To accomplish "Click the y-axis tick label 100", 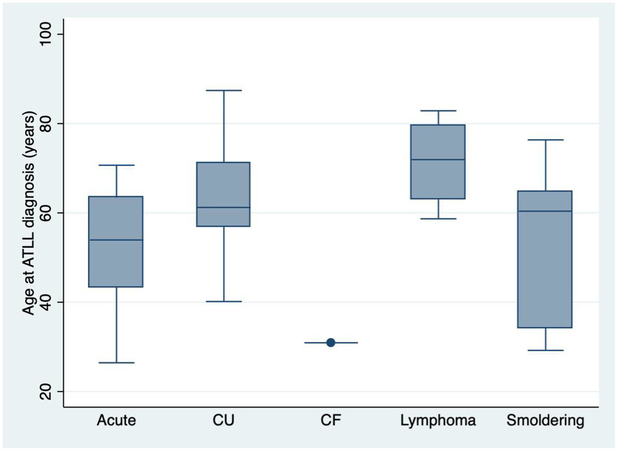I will tap(45, 34).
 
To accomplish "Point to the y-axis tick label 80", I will tap(45, 124).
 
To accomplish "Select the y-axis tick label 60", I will tap(45, 213).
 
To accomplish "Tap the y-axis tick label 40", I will tap(45, 302).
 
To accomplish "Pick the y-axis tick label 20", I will tap(45, 391).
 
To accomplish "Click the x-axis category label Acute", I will tap(116, 421).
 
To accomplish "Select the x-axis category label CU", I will tap(224, 420).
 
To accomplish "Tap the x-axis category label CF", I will tap(331, 420).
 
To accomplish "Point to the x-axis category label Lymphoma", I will tap(438, 421).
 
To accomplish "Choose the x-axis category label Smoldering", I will tap(545, 421).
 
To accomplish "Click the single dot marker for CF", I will tap(331, 343).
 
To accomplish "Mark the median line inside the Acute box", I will tap(116, 240).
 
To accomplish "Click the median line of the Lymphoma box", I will tap(438, 160).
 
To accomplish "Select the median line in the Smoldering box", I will tap(545, 211).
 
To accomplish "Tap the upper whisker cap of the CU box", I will tap(224, 91).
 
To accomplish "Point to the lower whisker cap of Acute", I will tap(116, 363).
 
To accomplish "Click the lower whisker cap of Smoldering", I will tap(545, 350).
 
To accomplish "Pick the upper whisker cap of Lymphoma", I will tap(438, 111).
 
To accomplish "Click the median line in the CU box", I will tap(224, 207).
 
